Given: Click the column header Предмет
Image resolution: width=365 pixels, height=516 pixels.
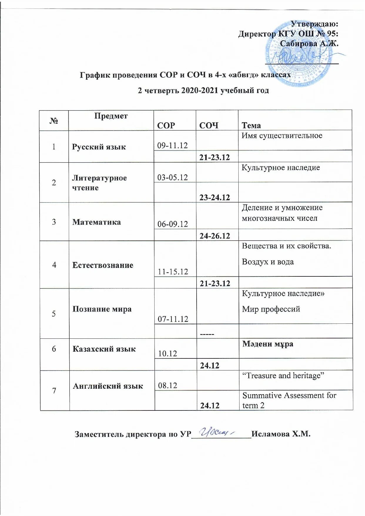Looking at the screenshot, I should click(x=111, y=116).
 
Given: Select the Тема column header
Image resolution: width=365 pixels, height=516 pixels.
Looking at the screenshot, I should click(x=251, y=126).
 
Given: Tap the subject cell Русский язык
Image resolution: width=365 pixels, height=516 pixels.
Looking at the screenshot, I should click(x=99, y=147).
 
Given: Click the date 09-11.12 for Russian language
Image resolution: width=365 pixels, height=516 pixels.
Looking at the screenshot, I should click(x=172, y=146).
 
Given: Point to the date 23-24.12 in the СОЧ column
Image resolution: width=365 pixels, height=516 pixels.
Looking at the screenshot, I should click(x=215, y=197).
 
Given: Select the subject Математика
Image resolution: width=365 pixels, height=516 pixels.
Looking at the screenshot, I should click(x=96, y=222).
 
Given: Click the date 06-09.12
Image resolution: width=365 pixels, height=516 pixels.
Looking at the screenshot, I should click(x=173, y=224).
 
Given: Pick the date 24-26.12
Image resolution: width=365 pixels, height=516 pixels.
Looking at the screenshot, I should click(x=215, y=236).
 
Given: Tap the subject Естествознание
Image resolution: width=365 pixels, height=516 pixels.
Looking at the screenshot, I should click(x=103, y=265).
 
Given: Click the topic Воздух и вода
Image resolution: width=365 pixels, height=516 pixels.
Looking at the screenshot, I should click(x=268, y=262).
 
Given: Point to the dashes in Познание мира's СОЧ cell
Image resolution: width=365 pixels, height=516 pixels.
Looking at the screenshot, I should click(x=207, y=334).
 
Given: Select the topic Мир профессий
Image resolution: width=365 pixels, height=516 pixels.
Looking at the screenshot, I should click(x=271, y=309).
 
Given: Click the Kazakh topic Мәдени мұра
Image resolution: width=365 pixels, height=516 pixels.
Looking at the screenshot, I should click(x=267, y=344).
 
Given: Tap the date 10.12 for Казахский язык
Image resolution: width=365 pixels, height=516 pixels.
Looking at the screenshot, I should click(x=168, y=354).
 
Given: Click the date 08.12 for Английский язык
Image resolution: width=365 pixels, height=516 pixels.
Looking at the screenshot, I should click(x=168, y=385).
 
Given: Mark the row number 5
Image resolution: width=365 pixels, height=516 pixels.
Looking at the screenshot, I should click(x=54, y=314).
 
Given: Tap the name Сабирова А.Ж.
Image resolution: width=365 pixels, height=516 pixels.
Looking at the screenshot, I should click(x=309, y=44).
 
